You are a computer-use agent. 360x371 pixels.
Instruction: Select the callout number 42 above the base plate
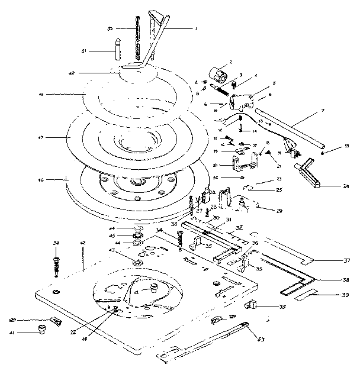tap(83, 243)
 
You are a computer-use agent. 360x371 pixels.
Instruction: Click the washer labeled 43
tap(137, 262)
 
